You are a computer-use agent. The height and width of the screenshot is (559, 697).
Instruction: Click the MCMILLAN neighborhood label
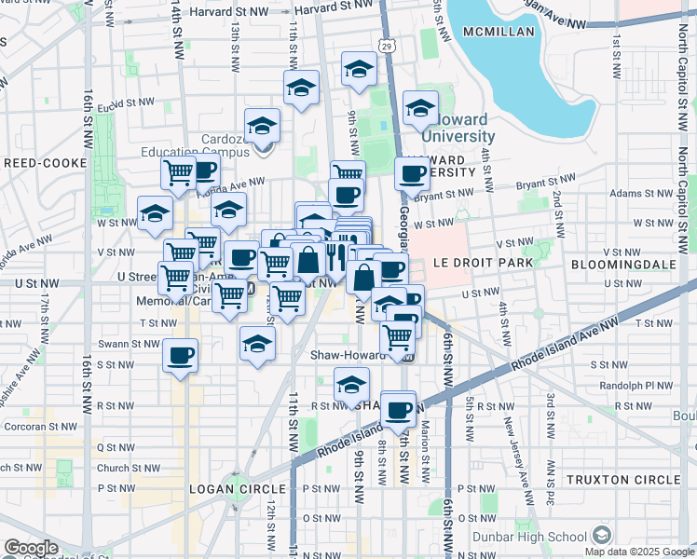(x=503, y=32)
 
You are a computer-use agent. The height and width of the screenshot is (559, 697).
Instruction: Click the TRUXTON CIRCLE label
(x=636, y=480)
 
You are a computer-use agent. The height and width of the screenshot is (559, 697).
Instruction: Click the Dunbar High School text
(x=535, y=537)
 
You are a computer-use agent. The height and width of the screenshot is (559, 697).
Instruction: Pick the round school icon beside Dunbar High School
(x=602, y=536)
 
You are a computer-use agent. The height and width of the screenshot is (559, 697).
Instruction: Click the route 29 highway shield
(x=387, y=45)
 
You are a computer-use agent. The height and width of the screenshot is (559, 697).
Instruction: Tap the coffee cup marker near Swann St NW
(x=180, y=354)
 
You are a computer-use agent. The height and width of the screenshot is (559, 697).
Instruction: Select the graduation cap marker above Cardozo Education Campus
(x=263, y=126)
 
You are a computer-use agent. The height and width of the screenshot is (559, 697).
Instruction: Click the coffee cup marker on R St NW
(x=398, y=409)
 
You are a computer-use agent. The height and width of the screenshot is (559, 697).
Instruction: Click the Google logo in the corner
(x=31, y=549)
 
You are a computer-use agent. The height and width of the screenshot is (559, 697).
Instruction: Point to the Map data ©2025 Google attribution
(x=637, y=552)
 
